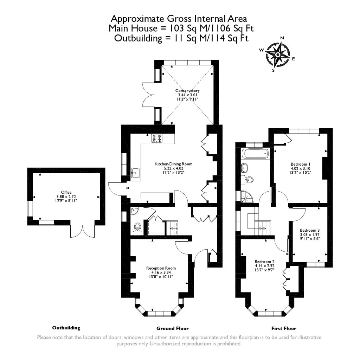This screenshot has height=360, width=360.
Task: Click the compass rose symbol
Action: coord(278,54)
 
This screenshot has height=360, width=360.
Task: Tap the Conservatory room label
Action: coord(187,91)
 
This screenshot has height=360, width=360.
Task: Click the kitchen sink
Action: coord(135,173)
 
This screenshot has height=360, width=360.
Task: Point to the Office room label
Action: coord(66,192)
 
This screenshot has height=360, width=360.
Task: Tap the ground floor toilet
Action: coord(137,228)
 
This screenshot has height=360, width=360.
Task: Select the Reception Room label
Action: coord(161,268)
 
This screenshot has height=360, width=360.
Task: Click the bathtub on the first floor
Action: coord(255,154)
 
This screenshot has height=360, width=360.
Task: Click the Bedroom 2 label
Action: coord(264,262)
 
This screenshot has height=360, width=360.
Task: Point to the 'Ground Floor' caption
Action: coord(172,328)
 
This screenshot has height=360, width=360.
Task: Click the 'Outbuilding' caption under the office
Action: coord(66,328)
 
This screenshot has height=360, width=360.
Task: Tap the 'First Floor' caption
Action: coord(283,328)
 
